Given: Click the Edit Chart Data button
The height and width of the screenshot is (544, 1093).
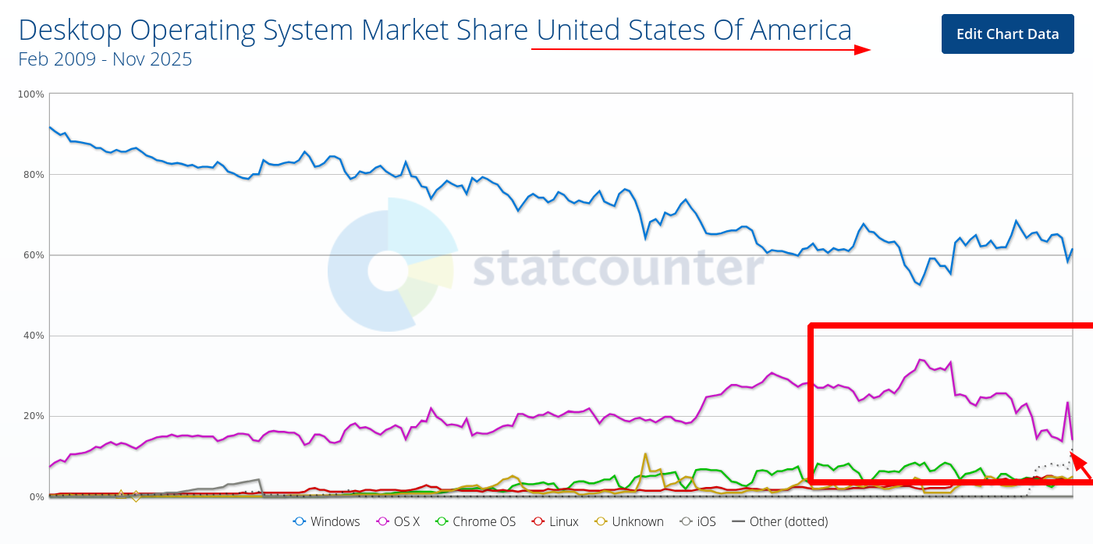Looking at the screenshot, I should pos(1007,34).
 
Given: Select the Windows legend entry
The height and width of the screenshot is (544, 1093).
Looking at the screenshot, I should pos(327,521).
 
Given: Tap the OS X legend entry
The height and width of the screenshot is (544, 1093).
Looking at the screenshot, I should pos(399,521).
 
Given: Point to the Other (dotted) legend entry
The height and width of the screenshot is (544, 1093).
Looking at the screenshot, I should pos(779,521).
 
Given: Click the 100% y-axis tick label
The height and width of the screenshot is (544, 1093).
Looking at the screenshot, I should pos(30,94).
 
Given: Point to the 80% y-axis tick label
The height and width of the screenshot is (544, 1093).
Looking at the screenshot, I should pos(33,175).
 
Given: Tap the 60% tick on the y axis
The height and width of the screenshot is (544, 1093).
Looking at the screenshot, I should pos(33,255).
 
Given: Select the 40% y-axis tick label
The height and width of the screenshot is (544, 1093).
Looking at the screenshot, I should pos(33,336).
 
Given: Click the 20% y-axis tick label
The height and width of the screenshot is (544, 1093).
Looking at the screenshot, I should pos(33,416).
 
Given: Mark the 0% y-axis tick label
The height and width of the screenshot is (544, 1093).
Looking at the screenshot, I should pos(36,497).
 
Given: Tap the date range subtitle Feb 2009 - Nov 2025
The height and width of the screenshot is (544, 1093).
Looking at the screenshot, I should pos(105,59).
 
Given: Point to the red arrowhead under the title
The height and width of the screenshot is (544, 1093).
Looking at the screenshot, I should pos(862,50).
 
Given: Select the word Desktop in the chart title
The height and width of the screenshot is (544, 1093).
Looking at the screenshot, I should pos(71,30).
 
